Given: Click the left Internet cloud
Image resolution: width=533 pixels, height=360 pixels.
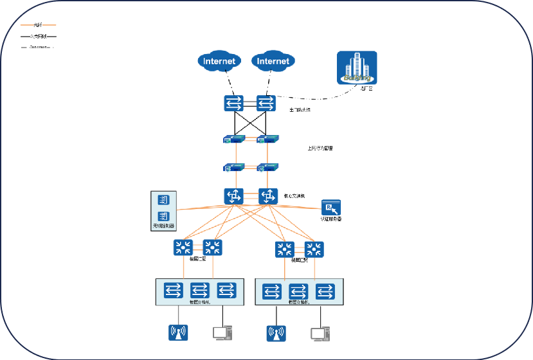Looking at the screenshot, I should (220, 62).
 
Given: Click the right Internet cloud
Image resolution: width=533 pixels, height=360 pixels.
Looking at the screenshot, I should (273, 62).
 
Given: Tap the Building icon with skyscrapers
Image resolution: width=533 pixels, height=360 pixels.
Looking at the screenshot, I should (357, 69).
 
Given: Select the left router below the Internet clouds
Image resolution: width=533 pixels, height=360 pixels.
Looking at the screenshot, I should (233, 103).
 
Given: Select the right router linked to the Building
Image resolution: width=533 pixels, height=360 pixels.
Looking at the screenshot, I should (266, 103).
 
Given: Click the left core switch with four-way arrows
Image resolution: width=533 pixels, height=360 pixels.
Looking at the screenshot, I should (233, 196).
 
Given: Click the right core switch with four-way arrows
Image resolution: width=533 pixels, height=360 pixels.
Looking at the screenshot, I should (267, 196).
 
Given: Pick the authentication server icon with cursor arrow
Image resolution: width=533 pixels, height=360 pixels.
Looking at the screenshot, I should (331, 208).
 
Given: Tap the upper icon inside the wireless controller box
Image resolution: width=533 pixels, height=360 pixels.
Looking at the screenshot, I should (163, 200).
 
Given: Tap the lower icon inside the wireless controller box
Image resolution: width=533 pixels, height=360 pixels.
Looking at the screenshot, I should (163, 216).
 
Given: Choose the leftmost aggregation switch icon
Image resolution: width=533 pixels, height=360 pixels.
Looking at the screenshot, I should (183, 248).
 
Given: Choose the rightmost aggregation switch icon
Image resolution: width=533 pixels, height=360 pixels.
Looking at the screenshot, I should (314, 249).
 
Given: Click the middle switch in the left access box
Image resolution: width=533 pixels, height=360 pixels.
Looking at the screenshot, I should (200, 290).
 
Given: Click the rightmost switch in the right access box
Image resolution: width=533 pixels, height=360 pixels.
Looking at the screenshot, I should (326, 292).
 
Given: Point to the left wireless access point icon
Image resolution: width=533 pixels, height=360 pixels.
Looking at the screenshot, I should (177, 333).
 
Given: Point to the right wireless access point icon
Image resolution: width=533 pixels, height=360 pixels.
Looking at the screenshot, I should (276, 334).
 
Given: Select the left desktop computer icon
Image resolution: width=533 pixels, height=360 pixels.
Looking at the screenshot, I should (222, 333).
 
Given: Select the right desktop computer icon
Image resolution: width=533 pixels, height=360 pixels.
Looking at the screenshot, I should (320, 334).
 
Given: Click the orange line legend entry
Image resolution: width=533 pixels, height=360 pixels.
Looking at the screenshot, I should (39, 24).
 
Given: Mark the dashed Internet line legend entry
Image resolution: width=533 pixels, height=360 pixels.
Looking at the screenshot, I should (39, 46).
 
